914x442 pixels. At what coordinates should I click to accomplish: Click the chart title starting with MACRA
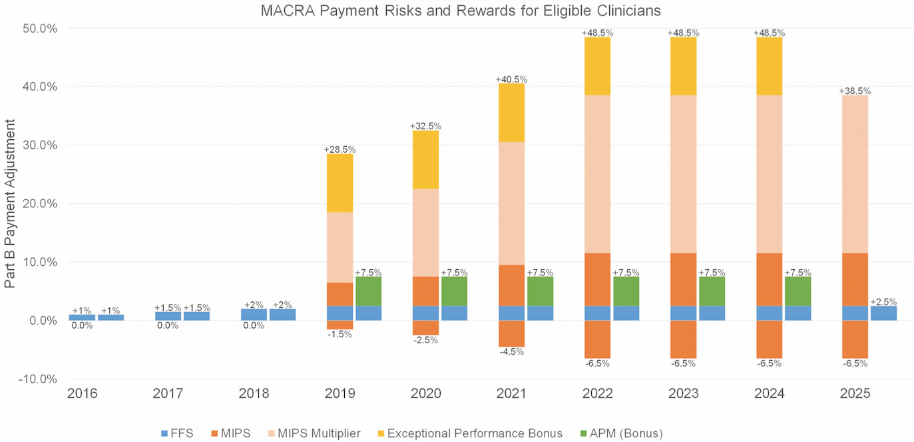coord(457,11)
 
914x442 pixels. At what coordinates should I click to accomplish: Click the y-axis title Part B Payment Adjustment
coord(10,203)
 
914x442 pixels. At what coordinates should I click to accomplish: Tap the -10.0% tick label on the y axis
coord(37,379)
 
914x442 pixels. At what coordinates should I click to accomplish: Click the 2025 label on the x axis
coord(855,394)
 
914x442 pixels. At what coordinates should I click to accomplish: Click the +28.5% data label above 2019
coord(339,149)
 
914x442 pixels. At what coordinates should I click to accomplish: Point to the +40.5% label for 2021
coord(511,79)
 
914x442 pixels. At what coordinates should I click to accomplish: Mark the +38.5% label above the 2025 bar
coord(855,91)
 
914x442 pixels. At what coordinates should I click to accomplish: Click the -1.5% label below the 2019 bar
coord(339,334)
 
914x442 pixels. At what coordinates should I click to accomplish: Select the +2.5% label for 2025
coord(883,301)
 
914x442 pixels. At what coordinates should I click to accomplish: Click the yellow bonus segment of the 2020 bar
coord(425,159)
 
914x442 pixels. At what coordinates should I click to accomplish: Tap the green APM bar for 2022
coord(626,291)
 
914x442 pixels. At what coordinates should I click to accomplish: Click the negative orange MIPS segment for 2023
coord(683,339)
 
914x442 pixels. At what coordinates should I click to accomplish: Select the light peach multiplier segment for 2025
coord(855,174)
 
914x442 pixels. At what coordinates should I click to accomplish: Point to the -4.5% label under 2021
coord(511,351)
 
